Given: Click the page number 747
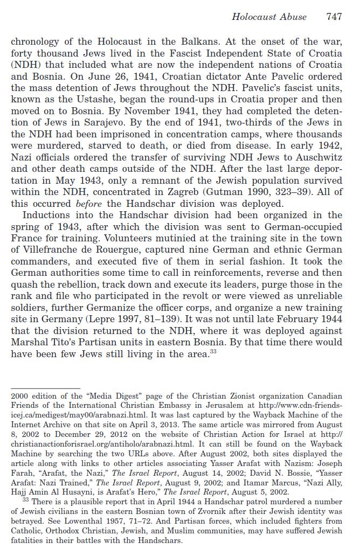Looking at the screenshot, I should point(334,17).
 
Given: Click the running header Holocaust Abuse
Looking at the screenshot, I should point(269,17).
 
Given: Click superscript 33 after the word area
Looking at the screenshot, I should point(213,352).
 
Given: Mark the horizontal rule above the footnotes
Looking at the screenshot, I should point(45,388).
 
